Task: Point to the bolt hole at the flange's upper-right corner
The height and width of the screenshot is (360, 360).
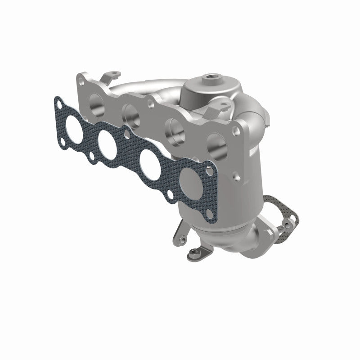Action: pos(235,131)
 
